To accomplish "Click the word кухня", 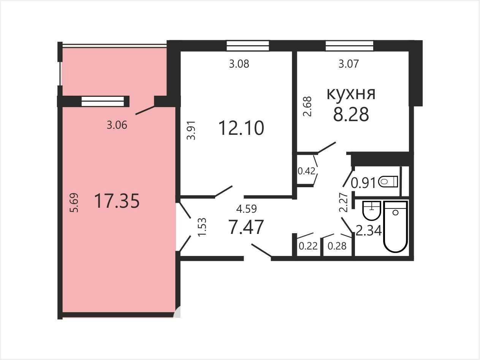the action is click(x=351, y=94).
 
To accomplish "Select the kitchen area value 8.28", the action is click(x=351, y=114).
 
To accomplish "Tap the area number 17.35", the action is click(x=117, y=201).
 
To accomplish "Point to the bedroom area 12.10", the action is click(x=241, y=128).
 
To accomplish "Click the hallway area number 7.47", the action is click(x=246, y=227).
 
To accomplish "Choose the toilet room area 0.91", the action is click(x=363, y=183).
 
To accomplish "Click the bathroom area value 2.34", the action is click(x=369, y=231).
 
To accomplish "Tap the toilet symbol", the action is click(x=388, y=182).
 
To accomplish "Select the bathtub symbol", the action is click(x=395, y=227).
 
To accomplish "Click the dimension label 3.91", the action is click(x=191, y=130).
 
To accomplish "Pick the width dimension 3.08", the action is click(x=239, y=64).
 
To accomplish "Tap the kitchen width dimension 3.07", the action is click(x=349, y=64).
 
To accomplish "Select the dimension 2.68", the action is click(x=307, y=107).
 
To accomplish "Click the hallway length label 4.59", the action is click(x=246, y=209).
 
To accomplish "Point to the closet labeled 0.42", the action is click(x=307, y=171).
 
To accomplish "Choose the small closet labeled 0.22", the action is click(x=308, y=246).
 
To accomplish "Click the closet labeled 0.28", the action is click(x=337, y=246).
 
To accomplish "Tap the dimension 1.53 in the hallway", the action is click(x=202, y=227).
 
